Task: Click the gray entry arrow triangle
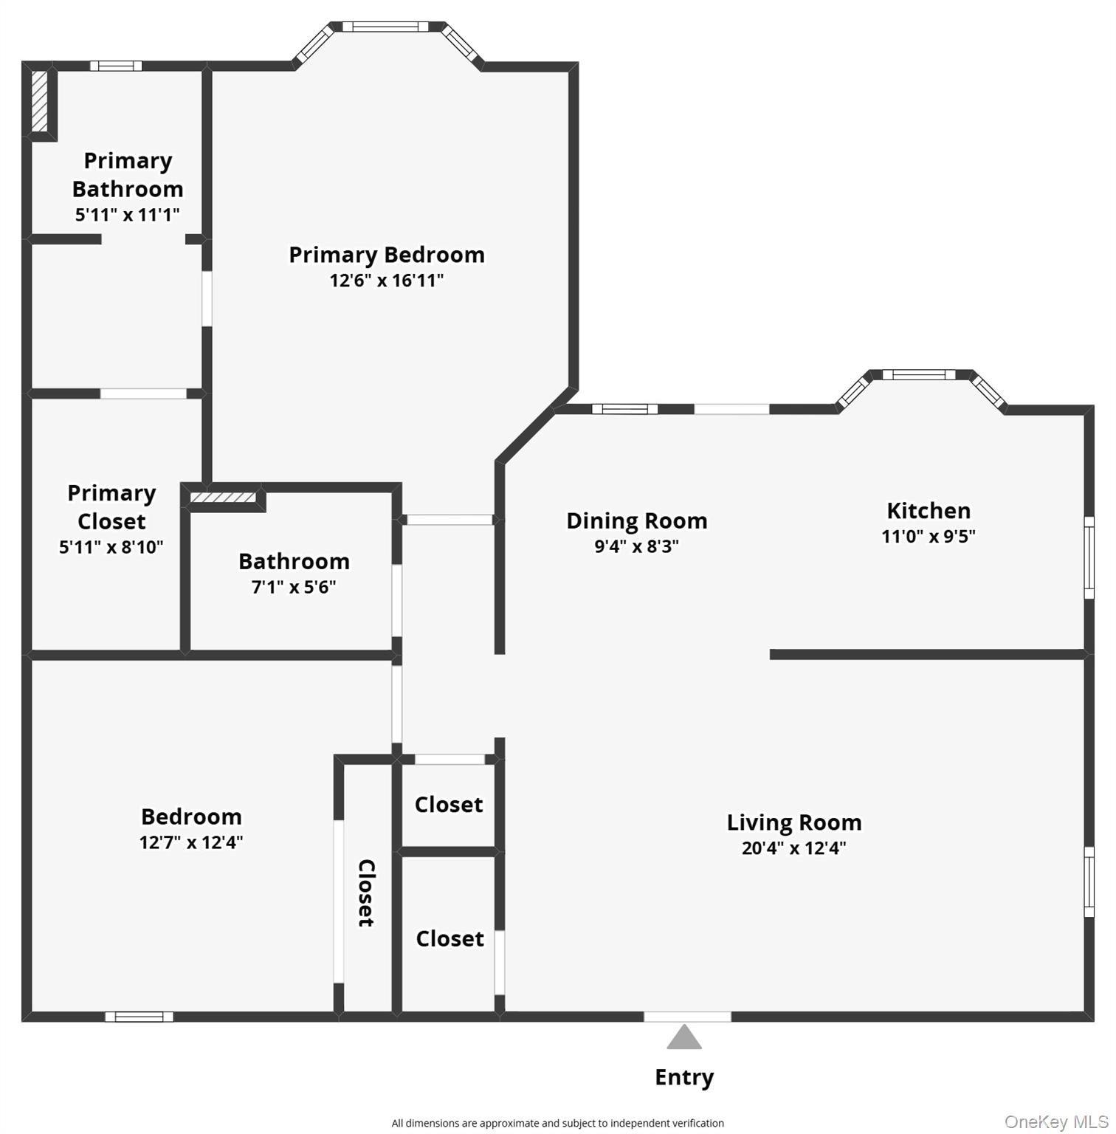pos(684,1037)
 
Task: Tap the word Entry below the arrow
pos(684,1077)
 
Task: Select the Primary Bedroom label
pos(387,255)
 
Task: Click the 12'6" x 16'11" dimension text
pos(387,281)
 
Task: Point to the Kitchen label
pos(929,510)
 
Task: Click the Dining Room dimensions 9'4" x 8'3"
pos(636,546)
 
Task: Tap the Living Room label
pos(794,822)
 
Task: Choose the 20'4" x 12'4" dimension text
pos(793,848)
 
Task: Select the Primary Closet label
pos(111,507)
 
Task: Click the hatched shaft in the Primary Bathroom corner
pos(40,101)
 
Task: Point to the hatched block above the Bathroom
pos(223,498)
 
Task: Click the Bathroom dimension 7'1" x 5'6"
pos(294,587)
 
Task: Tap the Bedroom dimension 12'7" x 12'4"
pos(191,842)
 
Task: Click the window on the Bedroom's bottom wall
pos(139,1017)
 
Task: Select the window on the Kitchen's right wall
pos(1089,557)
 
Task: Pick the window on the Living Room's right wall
pos(1089,882)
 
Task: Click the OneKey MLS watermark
pos(1056,1122)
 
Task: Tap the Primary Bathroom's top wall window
pos(116,66)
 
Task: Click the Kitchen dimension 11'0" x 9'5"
pos(929,536)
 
